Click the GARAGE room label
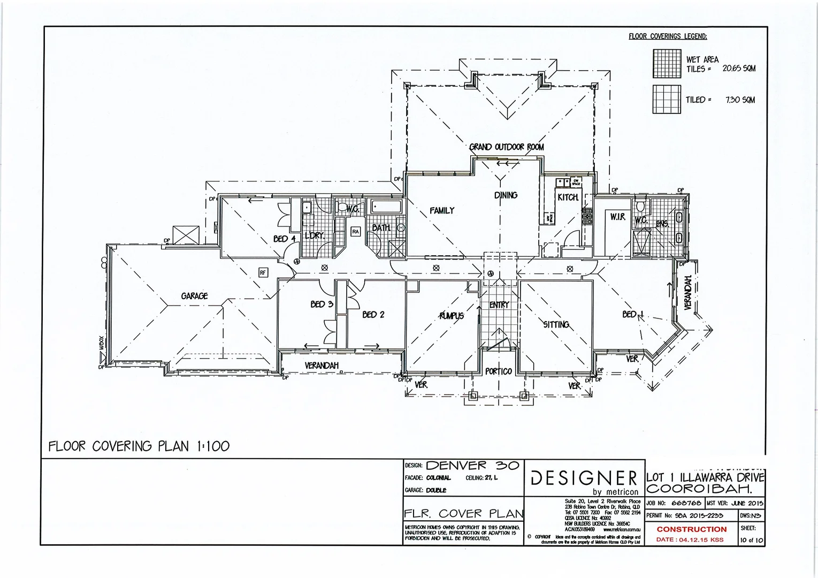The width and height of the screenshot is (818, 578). pyautogui.click(x=194, y=296)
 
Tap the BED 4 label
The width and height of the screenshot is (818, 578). pyautogui.click(x=284, y=239)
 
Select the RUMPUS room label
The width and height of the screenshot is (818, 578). pyautogui.click(x=452, y=316)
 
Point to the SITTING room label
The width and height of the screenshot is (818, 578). pyautogui.click(x=556, y=325)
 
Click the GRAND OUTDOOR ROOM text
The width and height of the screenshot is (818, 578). pyautogui.click(x=506, y=147)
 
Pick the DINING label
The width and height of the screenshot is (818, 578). pyautogui.click(x=506, y=195)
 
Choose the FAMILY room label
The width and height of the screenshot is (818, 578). pyautogui.click(x=441, y=211)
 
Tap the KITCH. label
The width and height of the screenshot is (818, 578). pyautogui.click(x=568, y=197)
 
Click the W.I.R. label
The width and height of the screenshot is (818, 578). pyautogui.click(x=617, y=217)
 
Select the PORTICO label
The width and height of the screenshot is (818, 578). pyautogui.click(x=499, y=371)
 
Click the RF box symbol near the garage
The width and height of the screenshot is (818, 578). pyautogui.click(x=262, y=273)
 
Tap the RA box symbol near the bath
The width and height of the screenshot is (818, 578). pyautogui.click(x=355, y=232)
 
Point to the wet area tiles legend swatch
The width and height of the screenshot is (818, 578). pyautogui.click(x=667, y=64)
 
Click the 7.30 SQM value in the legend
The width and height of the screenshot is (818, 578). pyautogui.click(x=740, y=100)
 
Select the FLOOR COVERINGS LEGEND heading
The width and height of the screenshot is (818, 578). pyautogui.click(x=667, y=36)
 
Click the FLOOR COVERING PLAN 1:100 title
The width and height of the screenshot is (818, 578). pyautogui.click(x=139, y=446)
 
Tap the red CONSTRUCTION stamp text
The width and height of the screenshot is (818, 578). pyautogui.click(x=691, y=529)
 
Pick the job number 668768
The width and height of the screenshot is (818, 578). pyautogui.click(x=686, y=504)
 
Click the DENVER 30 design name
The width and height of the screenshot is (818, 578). pyautogui.click(x=472, y=466)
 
